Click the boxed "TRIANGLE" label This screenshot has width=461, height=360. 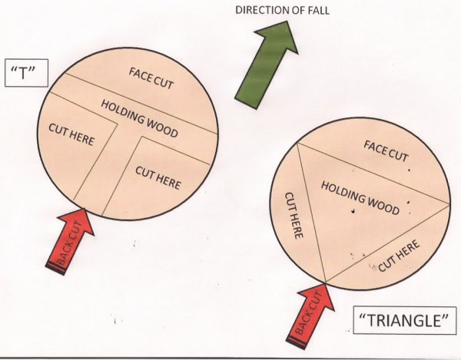(403, 319)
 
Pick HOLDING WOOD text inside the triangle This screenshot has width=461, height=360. (360, 197)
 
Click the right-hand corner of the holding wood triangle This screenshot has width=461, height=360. (449, 203)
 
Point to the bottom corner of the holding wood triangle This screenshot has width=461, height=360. (326, 283)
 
